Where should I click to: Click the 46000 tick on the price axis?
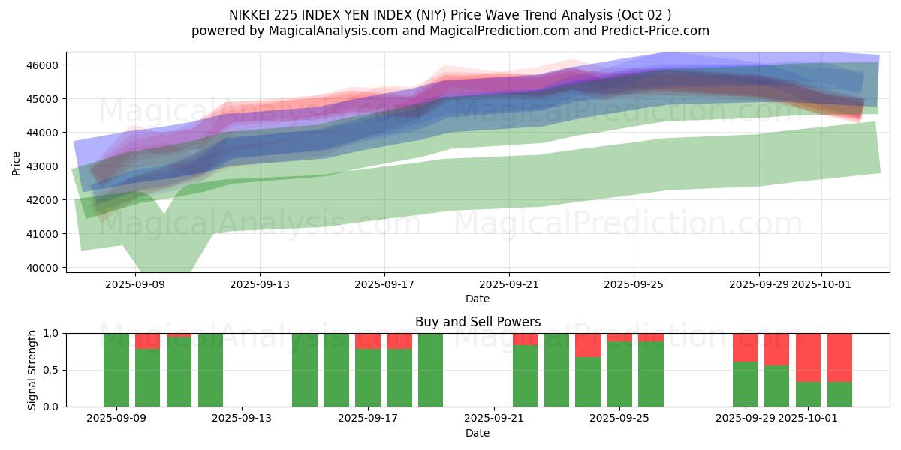coord(43,65)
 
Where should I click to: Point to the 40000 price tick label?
coord(43,268)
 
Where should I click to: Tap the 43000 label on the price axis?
coord(43,166)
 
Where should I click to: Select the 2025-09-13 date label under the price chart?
coord(260,284)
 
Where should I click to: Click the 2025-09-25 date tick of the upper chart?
coord(634,284)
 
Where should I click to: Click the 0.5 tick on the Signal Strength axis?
coord(53,370)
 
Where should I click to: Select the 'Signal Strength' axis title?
coord(32,370)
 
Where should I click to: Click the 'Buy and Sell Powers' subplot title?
coord(478,322)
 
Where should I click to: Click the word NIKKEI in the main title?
coord(252,14)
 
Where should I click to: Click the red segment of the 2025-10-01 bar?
coord(808,357)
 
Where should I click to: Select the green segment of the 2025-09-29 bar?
coord(745,384)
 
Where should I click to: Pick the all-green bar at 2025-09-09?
coord(116,370)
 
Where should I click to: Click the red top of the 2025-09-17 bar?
coord(368,340)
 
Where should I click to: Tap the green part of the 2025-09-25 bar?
coord(619,374)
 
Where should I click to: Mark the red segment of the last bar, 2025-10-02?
coord(839,357)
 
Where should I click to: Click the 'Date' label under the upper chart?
coord(478,298)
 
